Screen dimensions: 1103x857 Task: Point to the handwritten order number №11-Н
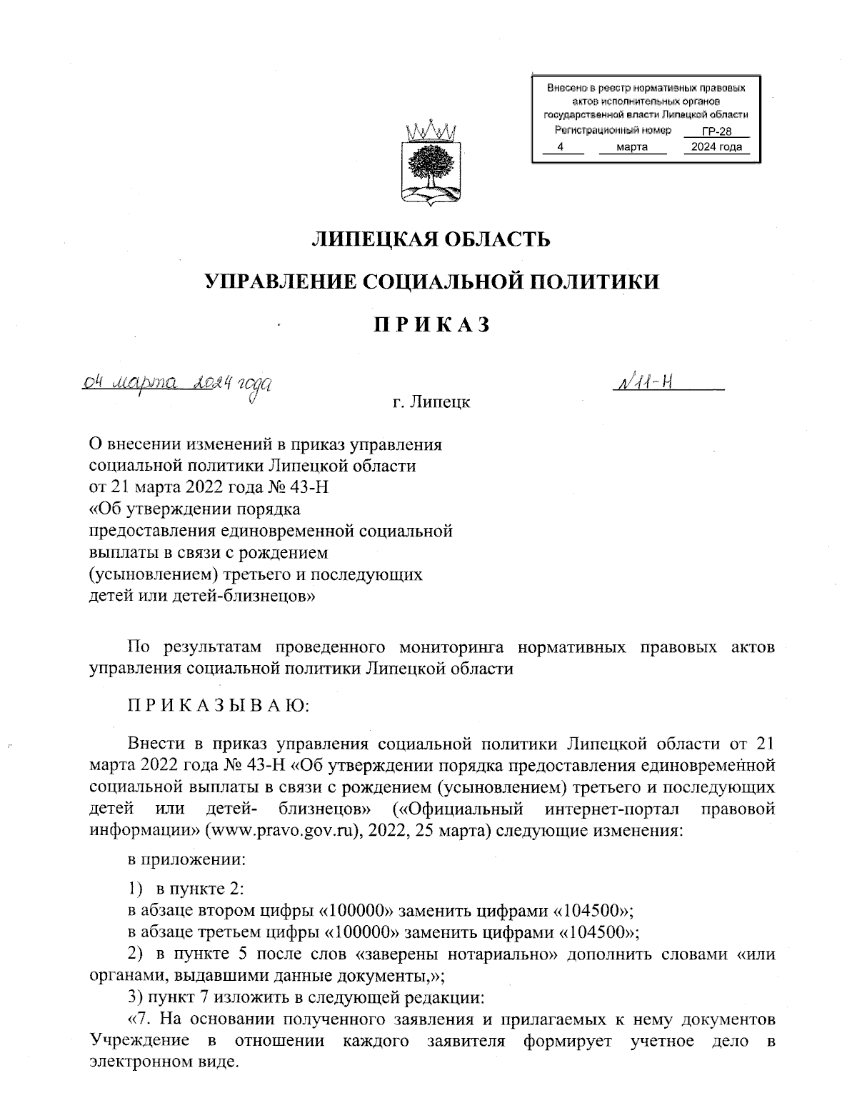[x=643, y=384]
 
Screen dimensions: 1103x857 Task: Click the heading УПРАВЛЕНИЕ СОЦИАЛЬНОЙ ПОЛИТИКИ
[x=431, y=282]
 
